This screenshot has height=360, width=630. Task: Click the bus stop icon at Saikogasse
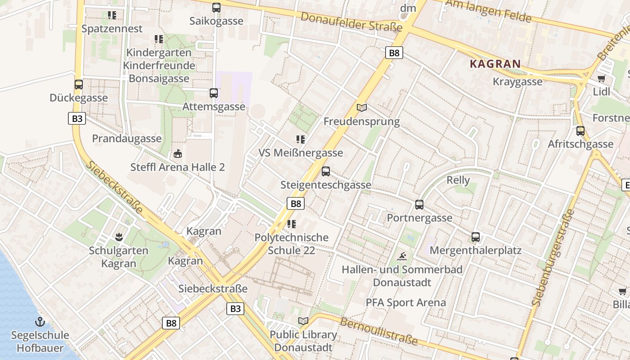[x=216, y=8]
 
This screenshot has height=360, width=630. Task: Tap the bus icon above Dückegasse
[x=79, y=85]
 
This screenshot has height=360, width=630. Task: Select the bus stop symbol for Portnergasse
[x=419, y=205]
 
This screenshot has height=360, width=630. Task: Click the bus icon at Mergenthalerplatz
[x=476, y=237]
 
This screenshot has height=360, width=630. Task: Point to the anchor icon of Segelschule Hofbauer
[x=40, y=322]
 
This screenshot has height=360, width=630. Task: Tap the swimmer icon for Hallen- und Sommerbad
[x=402, y=257]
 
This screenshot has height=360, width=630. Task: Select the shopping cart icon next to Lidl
[x=601, y=79]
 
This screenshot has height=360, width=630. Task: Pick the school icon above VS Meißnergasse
[x=300, y=139]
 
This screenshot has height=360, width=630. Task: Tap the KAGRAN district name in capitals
[x=495, y=64]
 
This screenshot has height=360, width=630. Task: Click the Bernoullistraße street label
[x=379, y=331]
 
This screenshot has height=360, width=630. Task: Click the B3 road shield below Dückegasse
[x=77, y=118]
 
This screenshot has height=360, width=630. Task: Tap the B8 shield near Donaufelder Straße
[x=394, y=53]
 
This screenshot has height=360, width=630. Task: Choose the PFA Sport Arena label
[x=405, y=302]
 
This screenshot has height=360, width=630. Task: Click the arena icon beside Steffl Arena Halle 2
[x=178, y=154]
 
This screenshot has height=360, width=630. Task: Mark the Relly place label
[x=458, y=180]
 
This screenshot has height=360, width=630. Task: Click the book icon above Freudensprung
[x=362, y=108]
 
